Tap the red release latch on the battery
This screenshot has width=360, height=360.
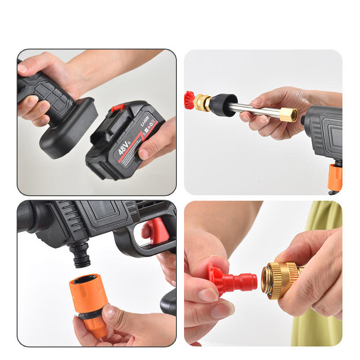click(118, 108)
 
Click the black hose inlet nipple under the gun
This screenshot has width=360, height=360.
click(81, 255)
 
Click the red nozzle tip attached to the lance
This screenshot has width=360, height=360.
click(189, 100)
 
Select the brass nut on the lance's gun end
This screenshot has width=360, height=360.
click(288, 114)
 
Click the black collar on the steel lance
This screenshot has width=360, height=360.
click(223, 104)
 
